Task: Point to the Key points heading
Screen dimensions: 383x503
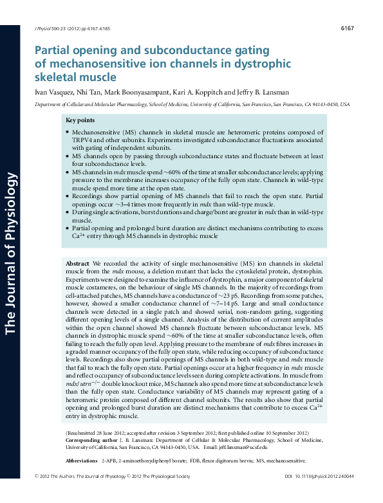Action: [x=80, y=121]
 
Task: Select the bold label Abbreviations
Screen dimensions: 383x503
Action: [x=81, y=461]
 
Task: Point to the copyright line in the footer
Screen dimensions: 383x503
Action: [x=112, y=494]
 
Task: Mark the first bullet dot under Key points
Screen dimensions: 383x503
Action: [x=67, y=132]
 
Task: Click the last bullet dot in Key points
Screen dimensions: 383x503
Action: [x=67, y=228]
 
